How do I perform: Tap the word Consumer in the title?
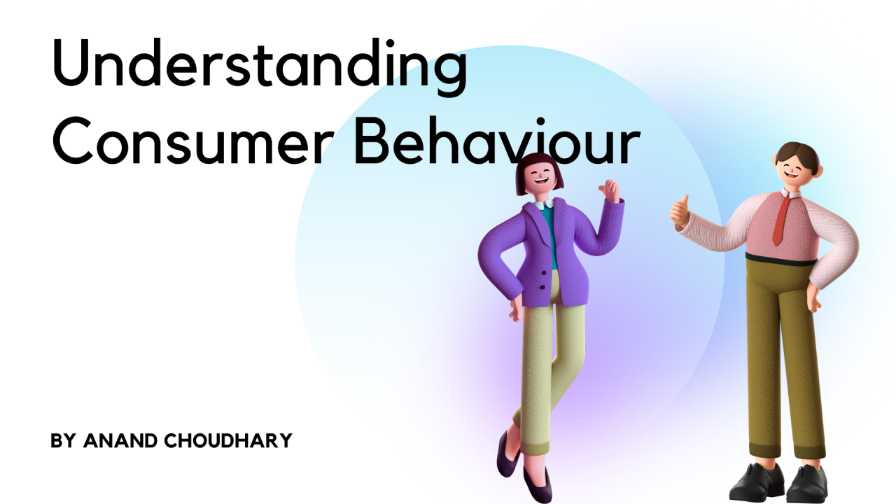coord(193,141)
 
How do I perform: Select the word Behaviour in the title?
coord(497,141)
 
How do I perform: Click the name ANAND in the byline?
coord(120,441)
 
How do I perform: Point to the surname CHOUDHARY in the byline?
coord(228,441)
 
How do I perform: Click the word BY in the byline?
coord(63,441)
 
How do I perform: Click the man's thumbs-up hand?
coord(680,211)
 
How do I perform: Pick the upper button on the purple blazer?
coord(544,273)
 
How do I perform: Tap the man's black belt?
coord(780,259)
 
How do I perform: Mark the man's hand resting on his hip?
coord(813,297)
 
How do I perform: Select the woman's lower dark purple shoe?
coord(538,486)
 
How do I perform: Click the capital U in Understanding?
coord(71,63)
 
